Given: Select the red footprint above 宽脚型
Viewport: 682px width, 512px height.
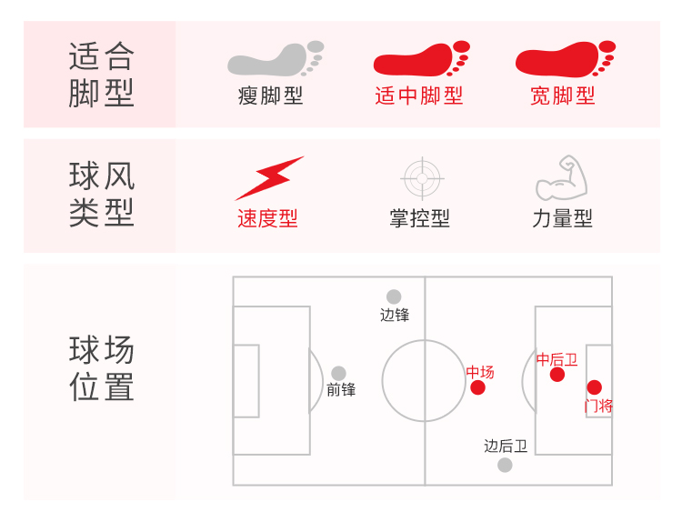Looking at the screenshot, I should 565,59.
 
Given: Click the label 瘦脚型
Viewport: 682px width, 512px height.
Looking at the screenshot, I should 271,95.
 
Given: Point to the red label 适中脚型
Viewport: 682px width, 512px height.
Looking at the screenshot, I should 419,95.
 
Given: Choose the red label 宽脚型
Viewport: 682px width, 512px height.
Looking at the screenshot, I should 563,95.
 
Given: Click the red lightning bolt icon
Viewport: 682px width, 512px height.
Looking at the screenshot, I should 269,178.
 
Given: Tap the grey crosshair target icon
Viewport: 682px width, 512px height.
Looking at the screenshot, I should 420,178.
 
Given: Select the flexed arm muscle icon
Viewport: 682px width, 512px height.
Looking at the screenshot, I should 562,178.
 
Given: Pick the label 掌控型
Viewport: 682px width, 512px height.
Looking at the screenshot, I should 419,218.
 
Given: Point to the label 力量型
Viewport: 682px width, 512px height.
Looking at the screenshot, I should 562,218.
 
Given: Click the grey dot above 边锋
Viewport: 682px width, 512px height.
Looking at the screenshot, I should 394,296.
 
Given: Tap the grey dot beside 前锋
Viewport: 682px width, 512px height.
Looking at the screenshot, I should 338,373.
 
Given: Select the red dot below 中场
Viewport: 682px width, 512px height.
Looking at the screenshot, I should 478,388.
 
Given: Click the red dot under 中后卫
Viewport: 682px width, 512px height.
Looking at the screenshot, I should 557,374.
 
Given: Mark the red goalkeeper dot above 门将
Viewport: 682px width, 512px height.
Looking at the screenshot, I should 594,387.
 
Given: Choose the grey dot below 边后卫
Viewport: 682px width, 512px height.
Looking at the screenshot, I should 505,465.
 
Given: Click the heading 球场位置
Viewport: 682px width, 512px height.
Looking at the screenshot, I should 101,368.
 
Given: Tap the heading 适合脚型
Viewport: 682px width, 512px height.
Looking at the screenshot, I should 101,75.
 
